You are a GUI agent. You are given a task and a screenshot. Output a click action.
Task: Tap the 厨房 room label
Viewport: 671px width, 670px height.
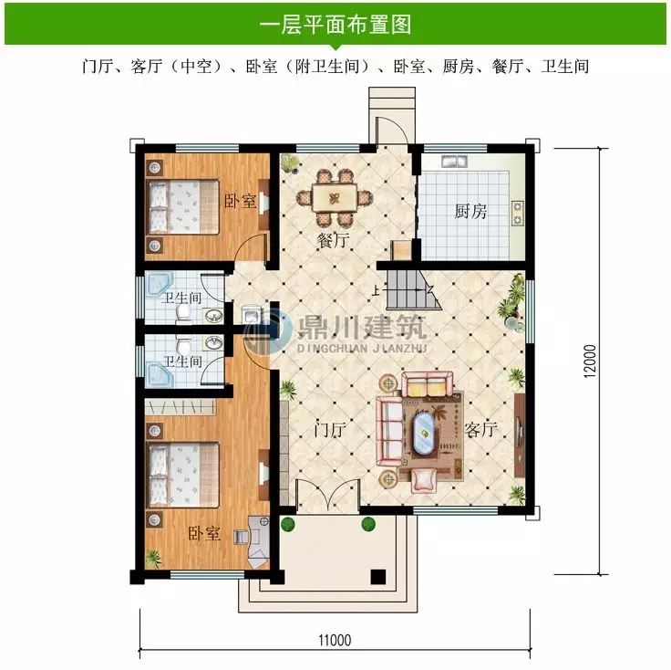click(x=470, y=212)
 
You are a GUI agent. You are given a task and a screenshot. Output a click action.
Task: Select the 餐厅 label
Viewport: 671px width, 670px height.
click(x=334, y=241)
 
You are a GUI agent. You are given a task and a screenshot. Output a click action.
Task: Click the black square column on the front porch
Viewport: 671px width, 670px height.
click(x=377, y=577)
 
